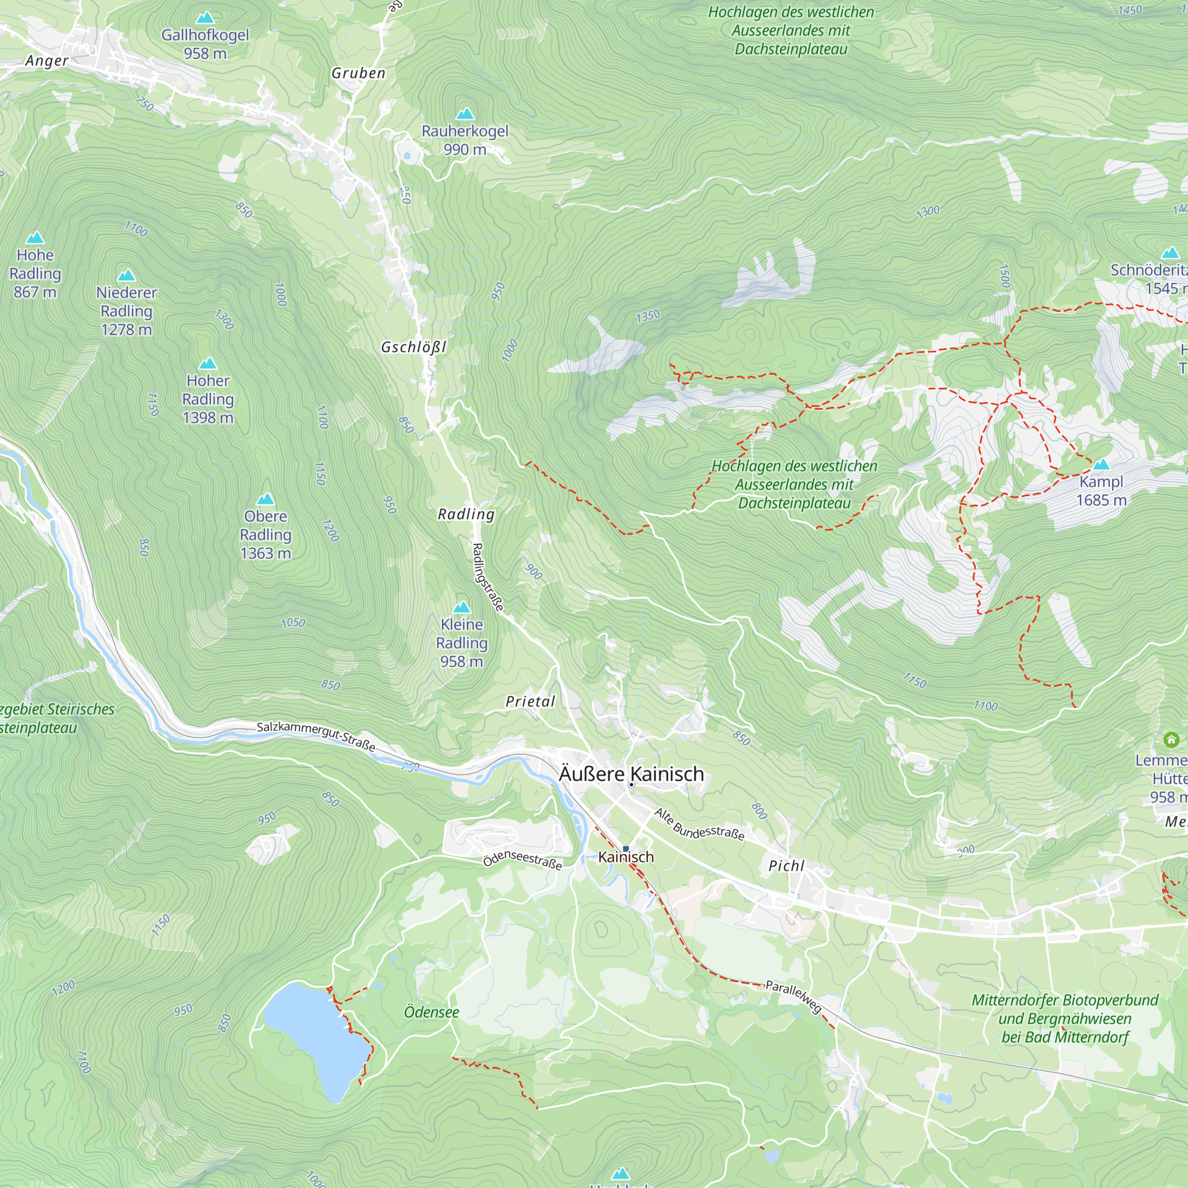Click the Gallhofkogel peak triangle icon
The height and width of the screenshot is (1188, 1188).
(x=205, y=18)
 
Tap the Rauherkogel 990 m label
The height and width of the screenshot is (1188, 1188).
(x=465, y=140)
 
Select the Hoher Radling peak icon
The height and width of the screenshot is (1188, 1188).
(x=208, y=364)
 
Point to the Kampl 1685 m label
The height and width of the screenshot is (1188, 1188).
(x=1101, y=491)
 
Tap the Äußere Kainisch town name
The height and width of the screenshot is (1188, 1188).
(x=631, y=773)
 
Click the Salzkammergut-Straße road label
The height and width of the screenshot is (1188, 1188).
(x=315, y=735)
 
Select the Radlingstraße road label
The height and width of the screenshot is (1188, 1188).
(x=488, y=577)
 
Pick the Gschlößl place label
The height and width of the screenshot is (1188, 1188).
(x=413, y=347)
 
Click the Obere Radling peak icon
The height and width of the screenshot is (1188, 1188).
(x=265, y=499)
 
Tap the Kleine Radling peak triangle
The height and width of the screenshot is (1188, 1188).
(x=461, y=608)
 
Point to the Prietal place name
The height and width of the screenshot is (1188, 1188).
(x=530, y=702)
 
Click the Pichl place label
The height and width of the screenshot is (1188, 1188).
(x=786, y=866)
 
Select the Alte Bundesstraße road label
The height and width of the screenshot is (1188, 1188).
(x=699, y=824)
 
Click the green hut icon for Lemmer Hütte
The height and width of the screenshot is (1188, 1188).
(x=1171, y=739)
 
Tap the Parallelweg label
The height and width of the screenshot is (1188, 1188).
(x=793, y=996)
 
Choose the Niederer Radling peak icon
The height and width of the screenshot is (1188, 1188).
(x=126, y=275)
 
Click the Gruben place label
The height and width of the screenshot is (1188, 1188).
(x=359, y=73)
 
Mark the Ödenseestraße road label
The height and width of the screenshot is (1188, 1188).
(x=522, y=859)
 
